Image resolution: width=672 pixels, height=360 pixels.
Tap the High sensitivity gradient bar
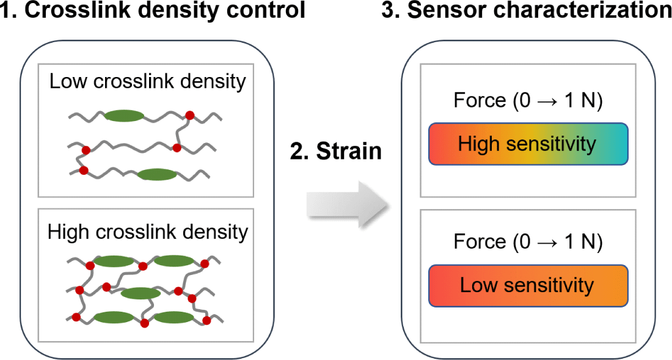(x=528, y=144)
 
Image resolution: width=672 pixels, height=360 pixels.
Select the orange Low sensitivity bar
(x=528, y=285)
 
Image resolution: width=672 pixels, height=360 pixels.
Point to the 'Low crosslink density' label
(x=147, y=81)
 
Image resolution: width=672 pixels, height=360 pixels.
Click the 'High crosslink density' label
(x=147, y=232)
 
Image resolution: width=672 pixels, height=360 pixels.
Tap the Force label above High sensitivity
(x=528, y=101)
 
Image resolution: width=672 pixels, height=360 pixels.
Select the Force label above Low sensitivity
(x=528, y=242)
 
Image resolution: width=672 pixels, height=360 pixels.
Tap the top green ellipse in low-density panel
(x=124, y=116)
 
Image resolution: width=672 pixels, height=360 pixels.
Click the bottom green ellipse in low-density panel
(x=157, y=175)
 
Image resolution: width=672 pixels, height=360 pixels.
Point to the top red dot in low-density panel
(x=189, y=115)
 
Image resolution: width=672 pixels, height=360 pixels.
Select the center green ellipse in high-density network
(x=140, y=293)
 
